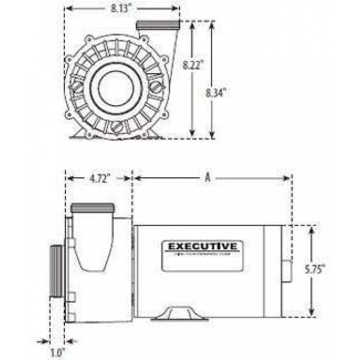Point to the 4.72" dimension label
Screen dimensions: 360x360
coord(99,177)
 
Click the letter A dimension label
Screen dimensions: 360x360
coord(207,177)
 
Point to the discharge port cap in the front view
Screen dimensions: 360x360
coord(158,25)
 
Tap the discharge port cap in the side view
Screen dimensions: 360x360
coord(93,207)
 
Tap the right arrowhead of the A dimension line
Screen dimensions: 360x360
coord(289,177)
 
